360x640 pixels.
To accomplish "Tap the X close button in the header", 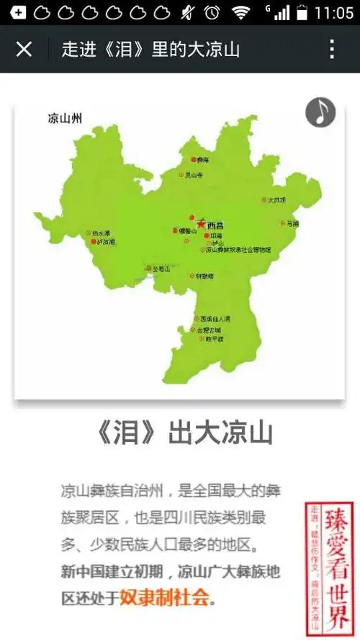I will [24, 49].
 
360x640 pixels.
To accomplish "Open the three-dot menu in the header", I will [332, 49].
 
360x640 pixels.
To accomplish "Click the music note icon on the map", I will [320, 112].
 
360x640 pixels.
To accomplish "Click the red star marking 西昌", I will [200, 225].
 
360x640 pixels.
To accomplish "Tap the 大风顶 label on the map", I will [276, 200].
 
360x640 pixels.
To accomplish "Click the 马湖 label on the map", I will [292, 224].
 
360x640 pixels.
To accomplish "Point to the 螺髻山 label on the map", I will [187, 231].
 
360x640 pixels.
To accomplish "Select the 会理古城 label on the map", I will [210, 330].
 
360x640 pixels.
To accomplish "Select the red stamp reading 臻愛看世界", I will [330, 569].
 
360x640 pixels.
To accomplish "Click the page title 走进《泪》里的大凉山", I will [150, 49].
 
